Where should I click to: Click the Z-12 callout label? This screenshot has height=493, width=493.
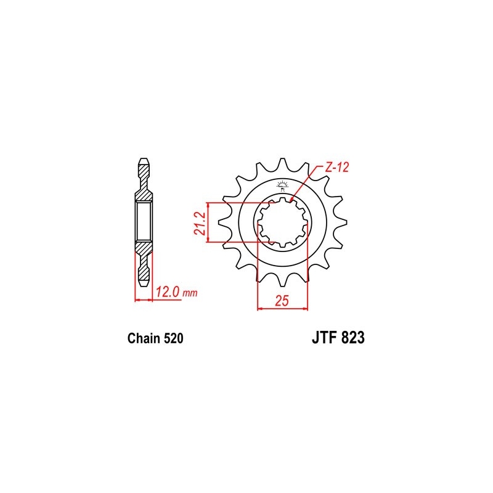coord(336,168)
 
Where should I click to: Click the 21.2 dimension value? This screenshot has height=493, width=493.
coord(200,223)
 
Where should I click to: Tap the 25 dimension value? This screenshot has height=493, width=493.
coord(282,301)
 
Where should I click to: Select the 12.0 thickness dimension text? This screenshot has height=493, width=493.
coord(168,292)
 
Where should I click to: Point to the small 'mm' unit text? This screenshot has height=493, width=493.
coord(190,294)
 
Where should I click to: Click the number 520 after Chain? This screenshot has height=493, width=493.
coord(173,338)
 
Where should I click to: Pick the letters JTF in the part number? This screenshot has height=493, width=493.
coord(324,338)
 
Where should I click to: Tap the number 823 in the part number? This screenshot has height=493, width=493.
coord(352,338)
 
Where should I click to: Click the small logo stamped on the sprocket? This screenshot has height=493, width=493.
coord(282,185)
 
